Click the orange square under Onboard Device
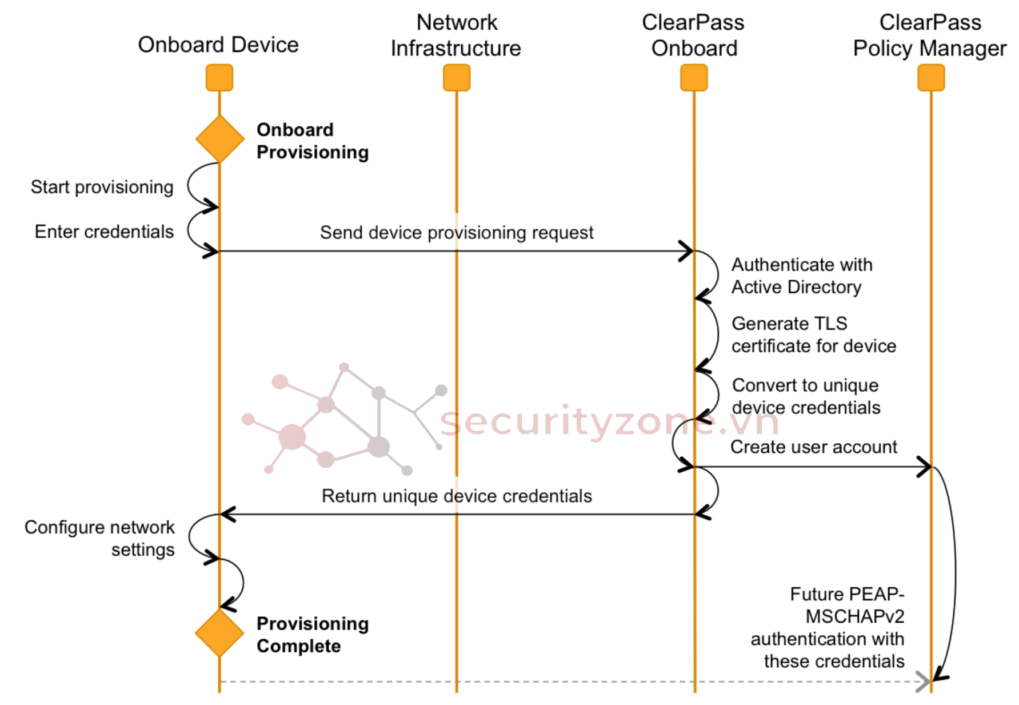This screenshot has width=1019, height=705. point(219,78)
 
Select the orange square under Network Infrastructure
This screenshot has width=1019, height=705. point(457,78)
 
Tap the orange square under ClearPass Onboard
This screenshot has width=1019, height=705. point(694,78)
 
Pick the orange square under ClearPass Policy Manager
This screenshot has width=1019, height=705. point(931,78)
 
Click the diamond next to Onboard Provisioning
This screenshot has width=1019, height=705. point(220,139)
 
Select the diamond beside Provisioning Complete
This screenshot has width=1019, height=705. point(219,633)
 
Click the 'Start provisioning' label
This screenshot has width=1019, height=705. point(102,187)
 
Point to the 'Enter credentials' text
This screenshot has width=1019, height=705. point(104,232)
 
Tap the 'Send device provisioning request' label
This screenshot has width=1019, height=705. point(457,233)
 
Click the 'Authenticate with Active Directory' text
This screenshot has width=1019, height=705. point(802,276)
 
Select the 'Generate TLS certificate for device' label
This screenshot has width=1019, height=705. point(813,334)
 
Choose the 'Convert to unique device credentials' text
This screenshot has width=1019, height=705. point(806,396)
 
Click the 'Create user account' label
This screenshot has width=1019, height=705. point(813,447)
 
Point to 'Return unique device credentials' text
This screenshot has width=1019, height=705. point(457,496)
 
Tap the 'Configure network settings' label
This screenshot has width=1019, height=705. point(100,538)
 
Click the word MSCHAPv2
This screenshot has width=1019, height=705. point(855,616)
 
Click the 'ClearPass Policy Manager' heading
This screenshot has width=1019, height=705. point(930,35)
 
